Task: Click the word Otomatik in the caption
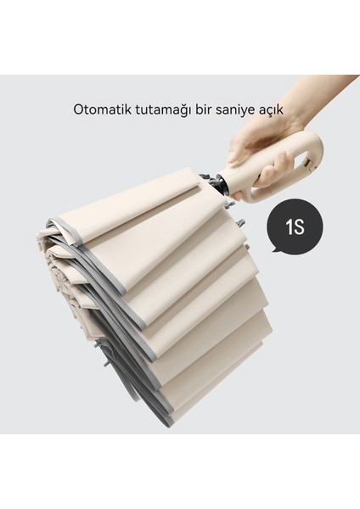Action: [101, 109]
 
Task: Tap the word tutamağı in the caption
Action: [163, 109]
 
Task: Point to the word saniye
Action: [240, 109]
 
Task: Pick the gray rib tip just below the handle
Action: [243, 221]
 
